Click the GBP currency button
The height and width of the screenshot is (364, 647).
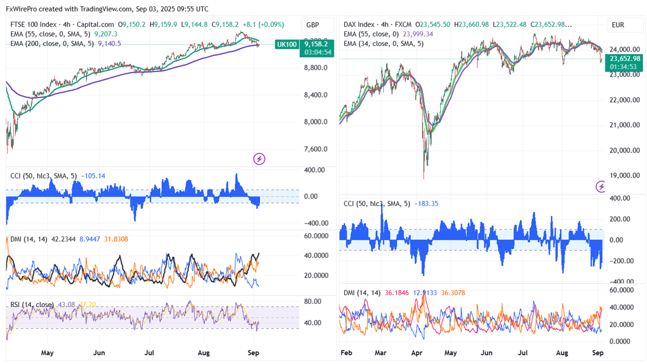pos(313,25)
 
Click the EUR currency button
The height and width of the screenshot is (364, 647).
pos(619,25)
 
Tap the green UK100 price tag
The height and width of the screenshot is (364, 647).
pos(286,44)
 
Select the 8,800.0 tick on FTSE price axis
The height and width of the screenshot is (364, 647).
pos(316,68)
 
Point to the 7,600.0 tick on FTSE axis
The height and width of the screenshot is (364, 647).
pos(316,149)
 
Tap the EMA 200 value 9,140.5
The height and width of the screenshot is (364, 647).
pos(109,43)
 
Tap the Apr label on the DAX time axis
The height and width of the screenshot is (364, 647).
pos(417,353)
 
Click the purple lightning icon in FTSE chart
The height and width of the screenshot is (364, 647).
pos(259,159)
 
